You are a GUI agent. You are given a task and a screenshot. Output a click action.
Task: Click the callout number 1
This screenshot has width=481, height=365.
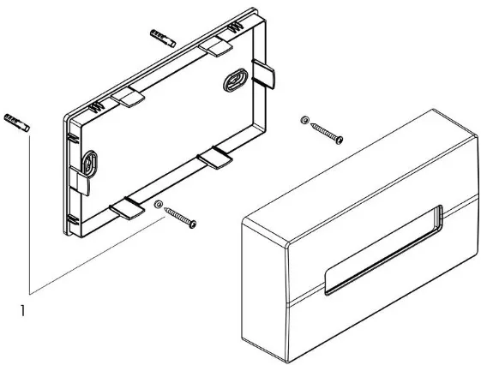[22, 311]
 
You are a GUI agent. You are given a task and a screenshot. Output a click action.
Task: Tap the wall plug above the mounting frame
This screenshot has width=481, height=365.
[163, 38]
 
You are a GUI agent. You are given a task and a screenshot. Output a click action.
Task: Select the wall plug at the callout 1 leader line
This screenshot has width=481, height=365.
[17, 123]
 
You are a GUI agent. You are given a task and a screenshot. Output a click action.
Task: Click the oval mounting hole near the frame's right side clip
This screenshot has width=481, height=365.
[235, 80]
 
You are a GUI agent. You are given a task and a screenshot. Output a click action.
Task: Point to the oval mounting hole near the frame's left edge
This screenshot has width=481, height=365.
[89, 164]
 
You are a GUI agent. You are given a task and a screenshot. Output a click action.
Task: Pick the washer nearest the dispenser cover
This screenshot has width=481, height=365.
[304, 120]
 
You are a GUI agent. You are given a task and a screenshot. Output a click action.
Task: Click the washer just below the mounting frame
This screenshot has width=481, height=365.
[159, 205]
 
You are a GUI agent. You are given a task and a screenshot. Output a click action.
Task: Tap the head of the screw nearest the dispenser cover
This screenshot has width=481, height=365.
[339, 140]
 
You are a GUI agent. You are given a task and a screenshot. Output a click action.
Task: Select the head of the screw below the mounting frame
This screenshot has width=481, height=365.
[192, 224]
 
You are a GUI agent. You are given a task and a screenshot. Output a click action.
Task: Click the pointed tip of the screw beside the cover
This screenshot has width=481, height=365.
[311, 124]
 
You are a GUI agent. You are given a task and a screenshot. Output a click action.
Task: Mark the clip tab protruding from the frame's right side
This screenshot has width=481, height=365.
[263, 74]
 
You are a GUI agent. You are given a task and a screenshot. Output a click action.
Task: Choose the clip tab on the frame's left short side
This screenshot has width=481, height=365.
[79, 181]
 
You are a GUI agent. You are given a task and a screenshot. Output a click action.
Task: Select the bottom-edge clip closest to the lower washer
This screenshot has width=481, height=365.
[127, 208]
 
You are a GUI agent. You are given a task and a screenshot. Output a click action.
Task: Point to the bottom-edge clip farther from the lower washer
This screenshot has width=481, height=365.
[215, 158]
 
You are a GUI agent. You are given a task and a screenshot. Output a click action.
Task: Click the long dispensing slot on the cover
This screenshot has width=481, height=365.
[384, 250]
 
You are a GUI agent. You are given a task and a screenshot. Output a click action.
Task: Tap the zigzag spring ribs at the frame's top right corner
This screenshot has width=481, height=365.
[236, 27]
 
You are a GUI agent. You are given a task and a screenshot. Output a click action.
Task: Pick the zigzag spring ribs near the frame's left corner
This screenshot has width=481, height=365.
[97, 107]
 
